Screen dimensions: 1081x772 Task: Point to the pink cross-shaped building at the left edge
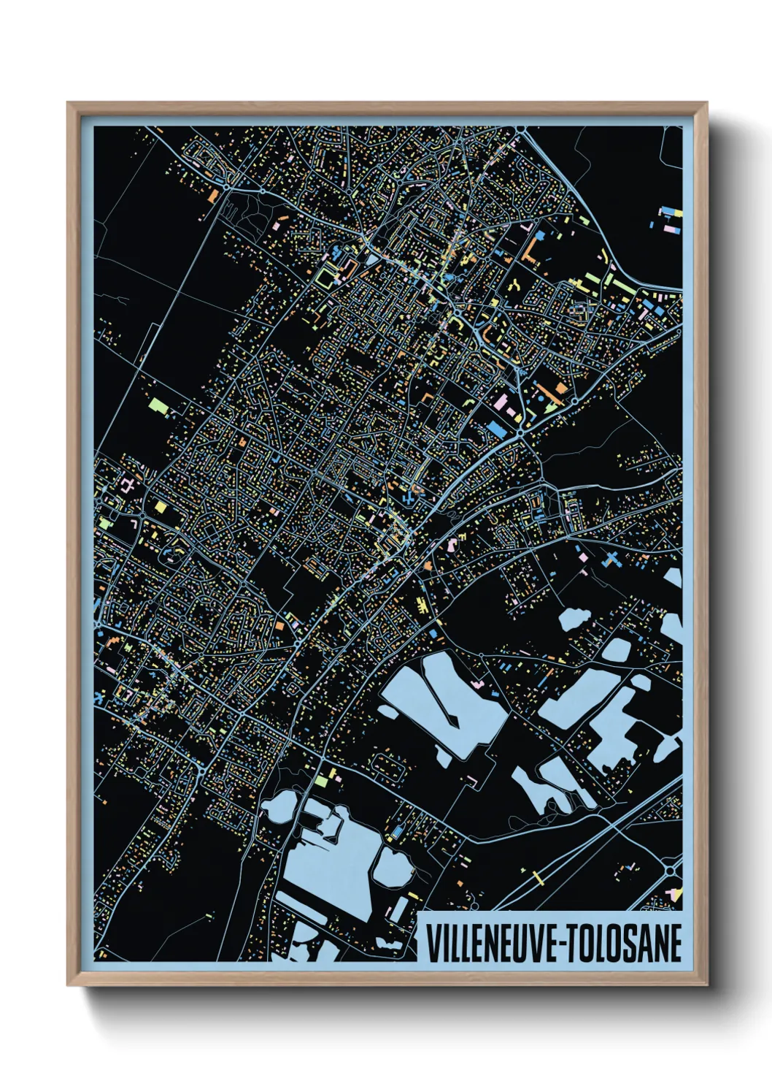pyautogui.click(x=127, y=485)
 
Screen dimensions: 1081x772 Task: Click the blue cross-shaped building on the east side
pyautogui.click(x=611, y=559)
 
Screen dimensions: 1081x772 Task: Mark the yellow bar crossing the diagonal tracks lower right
pyautogui.click(x=539, y=876)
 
